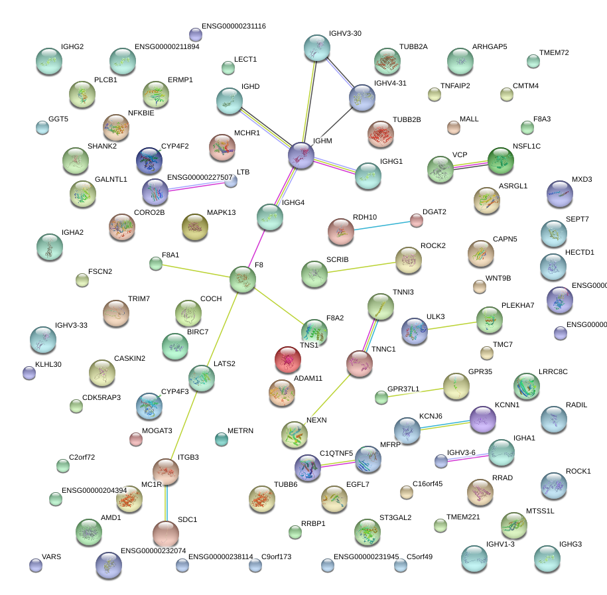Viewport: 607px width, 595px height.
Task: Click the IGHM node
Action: [x=301, y=155]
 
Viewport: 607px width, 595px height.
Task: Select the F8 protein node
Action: [x=243, y=280]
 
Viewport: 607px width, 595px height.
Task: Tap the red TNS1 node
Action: [x=288, y=360]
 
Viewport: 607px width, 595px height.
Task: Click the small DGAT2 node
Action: [x=417, y=220]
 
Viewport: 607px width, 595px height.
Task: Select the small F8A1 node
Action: [x=156, y=264]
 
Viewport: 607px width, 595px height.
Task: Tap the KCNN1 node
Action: [x=482, y=418]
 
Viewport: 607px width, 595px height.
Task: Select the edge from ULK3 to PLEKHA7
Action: [x=452, y=325]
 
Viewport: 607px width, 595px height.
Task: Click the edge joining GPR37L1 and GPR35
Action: [x=418, y=391]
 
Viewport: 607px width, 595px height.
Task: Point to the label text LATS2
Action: [x=224, y=364]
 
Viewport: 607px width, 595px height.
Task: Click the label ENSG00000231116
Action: [x=234, y=26]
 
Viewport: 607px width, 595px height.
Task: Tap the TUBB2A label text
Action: [x=413, y=46]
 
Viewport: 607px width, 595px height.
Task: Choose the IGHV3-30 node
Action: [x=316, y=48]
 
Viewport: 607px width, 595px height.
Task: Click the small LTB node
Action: [x=231, y=182]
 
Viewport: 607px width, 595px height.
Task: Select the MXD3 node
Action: [x=560, y=194]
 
